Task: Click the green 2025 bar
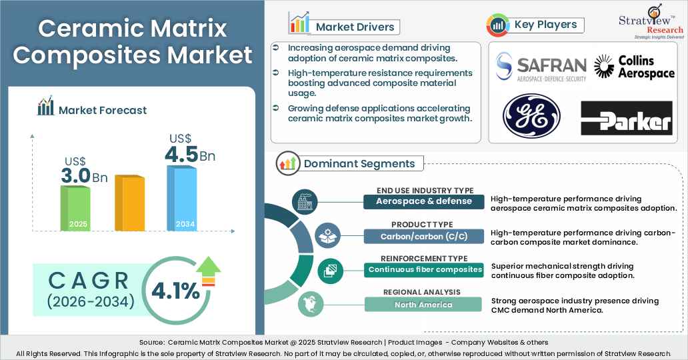click(75, 207)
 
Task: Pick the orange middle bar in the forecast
click(129, 203)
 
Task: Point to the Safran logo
click(541, 68)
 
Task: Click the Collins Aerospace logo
click(634, 67)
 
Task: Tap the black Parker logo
click(627, 119)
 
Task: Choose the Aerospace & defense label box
click(424, 201)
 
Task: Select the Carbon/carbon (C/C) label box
click(424, 236)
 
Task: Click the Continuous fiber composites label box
click(424, 270)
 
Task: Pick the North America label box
click(424, 305)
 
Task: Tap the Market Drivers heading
click(355, 27)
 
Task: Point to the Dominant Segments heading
click(359, 163)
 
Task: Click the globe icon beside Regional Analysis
click(309, 303)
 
